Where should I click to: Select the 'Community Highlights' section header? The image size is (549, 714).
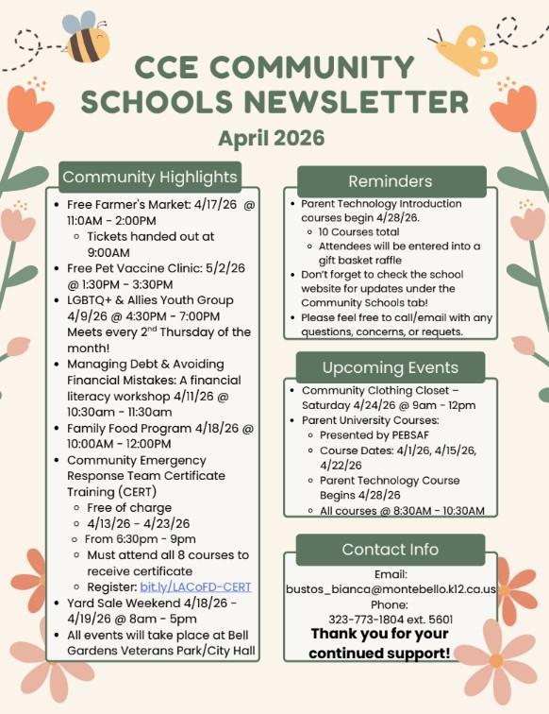[150, 178]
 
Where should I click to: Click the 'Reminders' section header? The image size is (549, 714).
[391, 181]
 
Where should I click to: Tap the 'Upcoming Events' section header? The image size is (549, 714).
[391, 367]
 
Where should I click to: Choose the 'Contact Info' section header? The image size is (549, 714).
[391, 549]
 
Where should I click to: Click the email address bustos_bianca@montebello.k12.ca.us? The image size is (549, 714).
[391, 588]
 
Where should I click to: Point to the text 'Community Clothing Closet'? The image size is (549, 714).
[374, 390]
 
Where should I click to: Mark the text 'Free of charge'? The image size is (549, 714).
[130, 507]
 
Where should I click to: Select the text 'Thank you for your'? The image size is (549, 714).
[379, 634]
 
